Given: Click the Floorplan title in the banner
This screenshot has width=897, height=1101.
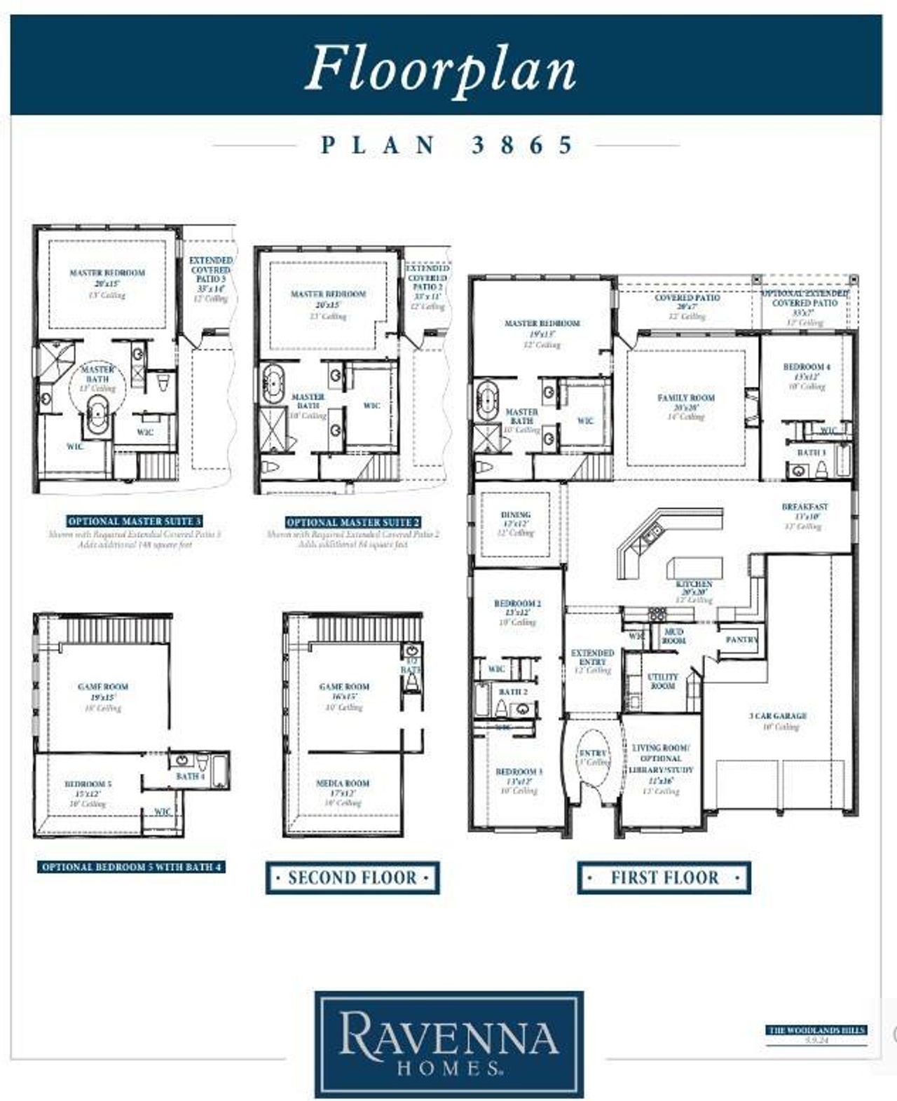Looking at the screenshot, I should pyautogui.click(x=441, y=68).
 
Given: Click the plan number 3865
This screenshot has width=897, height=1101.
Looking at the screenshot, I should pyautogui.click(x=522, y=145).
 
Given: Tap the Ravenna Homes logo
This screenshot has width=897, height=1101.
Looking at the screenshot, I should pyautogui.click(x=448, y=1042).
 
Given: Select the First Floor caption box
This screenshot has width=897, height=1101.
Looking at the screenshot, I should pyautogui.click(x=664, y=877).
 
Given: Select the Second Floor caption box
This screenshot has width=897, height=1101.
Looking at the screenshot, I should pyautogui.click(x=352, y=877).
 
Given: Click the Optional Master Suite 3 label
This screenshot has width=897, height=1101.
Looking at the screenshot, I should pyautogui.click(x=135, y=521).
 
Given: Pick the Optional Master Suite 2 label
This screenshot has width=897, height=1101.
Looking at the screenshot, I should pyautogui.click(x=353, y=522).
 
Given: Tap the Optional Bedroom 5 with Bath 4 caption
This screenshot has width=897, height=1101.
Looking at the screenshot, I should pyautogui.click(x=131, y=867).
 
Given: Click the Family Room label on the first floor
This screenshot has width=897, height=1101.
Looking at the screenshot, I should pyautogui.click(x=686, y=398).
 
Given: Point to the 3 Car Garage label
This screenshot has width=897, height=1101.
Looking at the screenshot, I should pyautogui.click(x=778, y=716).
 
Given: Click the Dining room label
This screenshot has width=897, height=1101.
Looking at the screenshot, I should pyautogui.click(x=516, y=514).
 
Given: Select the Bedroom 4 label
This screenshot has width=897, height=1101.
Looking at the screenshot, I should pyautogui.click(x=807, y=367).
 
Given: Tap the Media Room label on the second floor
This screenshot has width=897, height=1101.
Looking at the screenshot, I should pyautogui.click(x=343, y=784).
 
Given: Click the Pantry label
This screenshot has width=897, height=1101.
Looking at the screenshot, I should pyautogui.click(x=741, y=640).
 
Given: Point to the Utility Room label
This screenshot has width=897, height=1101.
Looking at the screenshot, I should pyautogui.click(x=662, y=681).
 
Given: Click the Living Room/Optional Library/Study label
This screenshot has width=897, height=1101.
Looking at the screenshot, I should pyautogui.click(x=661, y=759).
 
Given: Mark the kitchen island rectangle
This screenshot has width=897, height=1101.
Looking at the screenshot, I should pyautogui.click(x=694, y=566).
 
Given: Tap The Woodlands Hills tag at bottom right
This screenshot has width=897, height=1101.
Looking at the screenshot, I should pyautogui.click(x=816, y=1030).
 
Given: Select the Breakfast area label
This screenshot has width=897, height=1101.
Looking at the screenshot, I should pyautogui.click(x=804, y=507).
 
